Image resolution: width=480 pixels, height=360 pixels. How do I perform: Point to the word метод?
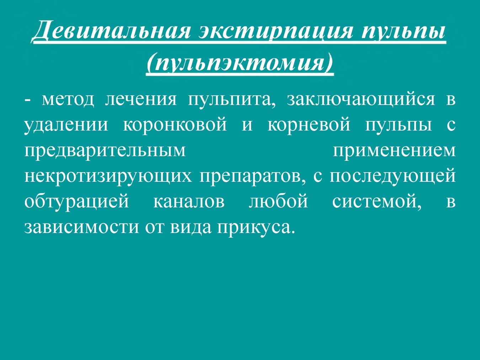pyautogui.click(x=68, y=100)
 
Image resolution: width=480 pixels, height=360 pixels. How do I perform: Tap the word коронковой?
pyautogui.click(x=175, y=124)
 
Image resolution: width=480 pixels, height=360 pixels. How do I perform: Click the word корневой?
pyautogui.click(x=309, y=124)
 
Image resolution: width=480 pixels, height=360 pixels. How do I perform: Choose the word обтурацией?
pyautogui.click(x=77, y=201)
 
